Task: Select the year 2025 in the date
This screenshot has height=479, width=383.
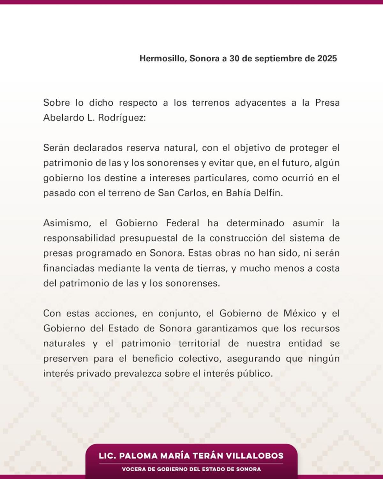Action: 327,58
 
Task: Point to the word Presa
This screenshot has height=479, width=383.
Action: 327,103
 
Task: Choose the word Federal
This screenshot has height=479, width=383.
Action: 183,223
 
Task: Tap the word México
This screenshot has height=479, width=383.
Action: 300,313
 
